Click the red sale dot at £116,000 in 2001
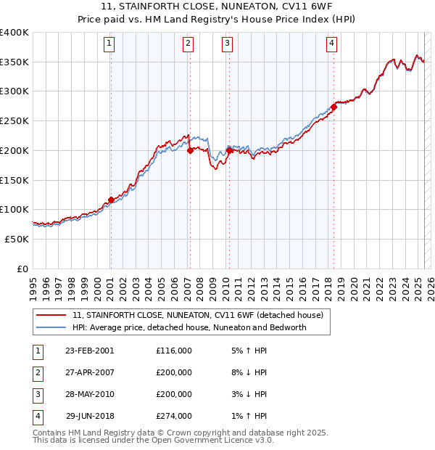tap(111, 200)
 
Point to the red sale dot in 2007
tap(190, 151)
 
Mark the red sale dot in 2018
tap(333, 107)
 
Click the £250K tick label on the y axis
tap(14, 120)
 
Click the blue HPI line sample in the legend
tap(52, 327)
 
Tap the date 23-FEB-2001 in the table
tap(89, 351)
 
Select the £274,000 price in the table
tap(174, 416)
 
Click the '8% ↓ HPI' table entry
tap(249, 372)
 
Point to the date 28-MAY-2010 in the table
tap(89, 394)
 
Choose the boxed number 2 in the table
tap(36, 372)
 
